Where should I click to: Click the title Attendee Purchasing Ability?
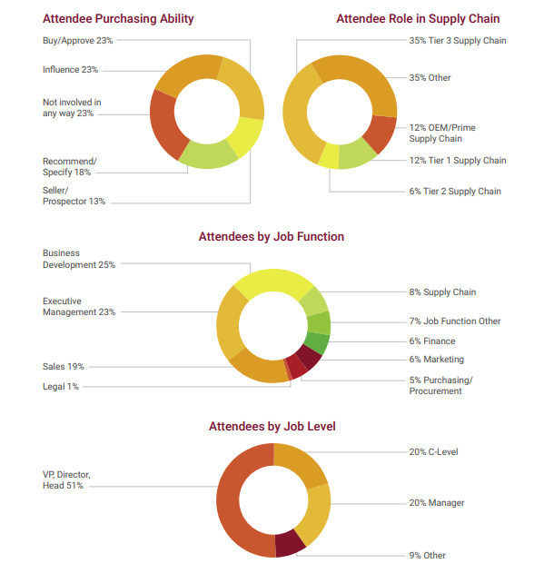point(118,19)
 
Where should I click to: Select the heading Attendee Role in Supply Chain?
point(418,19)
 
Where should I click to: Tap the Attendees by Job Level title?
point(272,427)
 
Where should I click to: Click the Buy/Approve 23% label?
point(77,41)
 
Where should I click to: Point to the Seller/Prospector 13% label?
point(74,196)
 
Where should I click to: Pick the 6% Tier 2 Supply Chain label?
point(455,191)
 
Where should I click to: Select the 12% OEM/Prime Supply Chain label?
point(442,133)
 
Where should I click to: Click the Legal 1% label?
point(61,386)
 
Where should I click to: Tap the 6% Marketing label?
point(437,360)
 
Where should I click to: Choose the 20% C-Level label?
point(433,452)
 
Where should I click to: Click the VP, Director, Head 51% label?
point(66,479)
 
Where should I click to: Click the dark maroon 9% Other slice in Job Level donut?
point(289,543)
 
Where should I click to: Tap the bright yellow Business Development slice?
point(273,281)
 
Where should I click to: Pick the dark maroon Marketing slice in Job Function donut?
point(310,357)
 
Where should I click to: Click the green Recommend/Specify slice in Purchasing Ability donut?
point(208,155)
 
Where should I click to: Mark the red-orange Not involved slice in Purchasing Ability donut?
point(163,124)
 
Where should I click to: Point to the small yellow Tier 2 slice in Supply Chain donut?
point(329,156)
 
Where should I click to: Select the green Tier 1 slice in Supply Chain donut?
point(355,154)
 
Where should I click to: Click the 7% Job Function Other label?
point(455,321)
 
